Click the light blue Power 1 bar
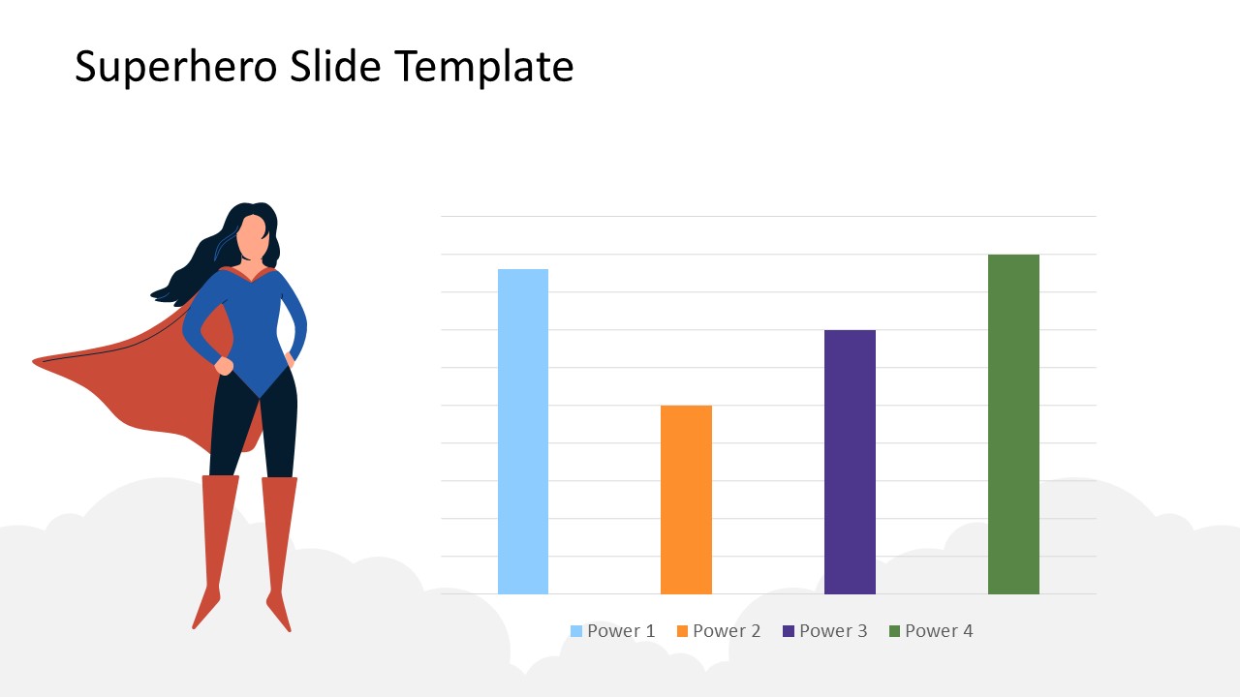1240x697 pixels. click(522, 431)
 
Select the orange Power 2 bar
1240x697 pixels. click(686, 500)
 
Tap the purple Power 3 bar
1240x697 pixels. click(850, 462)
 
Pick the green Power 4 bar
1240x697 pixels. click(1013, 424)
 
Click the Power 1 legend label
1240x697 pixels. click(621, 631)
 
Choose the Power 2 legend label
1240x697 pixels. click(727, 631)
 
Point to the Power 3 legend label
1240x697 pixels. click(833, 631)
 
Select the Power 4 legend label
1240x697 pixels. click(939, 631)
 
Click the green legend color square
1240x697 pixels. click(895, 631)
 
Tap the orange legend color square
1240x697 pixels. click(682, 631)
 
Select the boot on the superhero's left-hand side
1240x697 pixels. click(217, 542)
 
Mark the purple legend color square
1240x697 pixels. click(789, 631)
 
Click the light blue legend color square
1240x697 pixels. click(576, 631)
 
